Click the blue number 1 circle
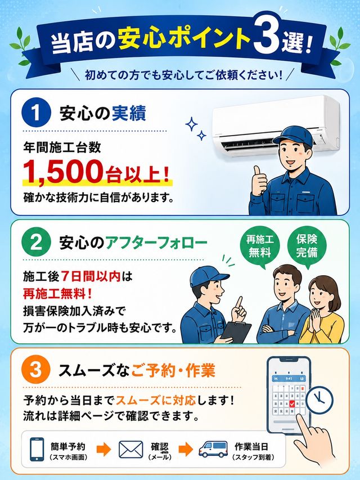coord(36,113)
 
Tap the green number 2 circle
coord(36,243)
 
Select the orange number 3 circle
coord(36,370)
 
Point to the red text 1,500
coord(63,171)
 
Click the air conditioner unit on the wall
coord(276,125)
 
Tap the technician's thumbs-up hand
coord(259,180)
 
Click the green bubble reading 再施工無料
coord(259,246)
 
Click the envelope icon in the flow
coord(130,450)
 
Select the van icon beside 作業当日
coord(213,449)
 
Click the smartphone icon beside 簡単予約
coord(37,449)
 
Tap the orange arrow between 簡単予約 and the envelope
coord(103,450)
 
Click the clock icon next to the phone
coord(319,400)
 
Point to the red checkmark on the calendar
coord(292,404)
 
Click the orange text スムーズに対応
coord(156,400)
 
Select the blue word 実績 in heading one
coord(129,113)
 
